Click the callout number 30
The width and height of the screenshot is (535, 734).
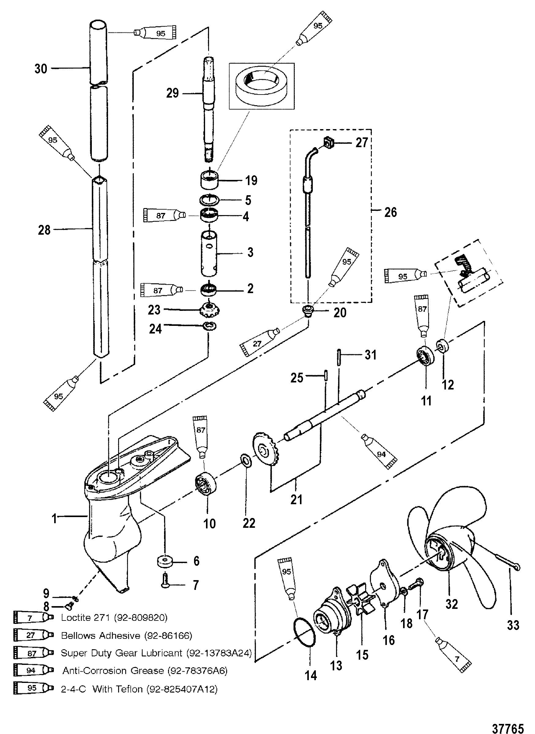point(41,69)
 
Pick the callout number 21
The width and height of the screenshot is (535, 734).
point(296,500)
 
